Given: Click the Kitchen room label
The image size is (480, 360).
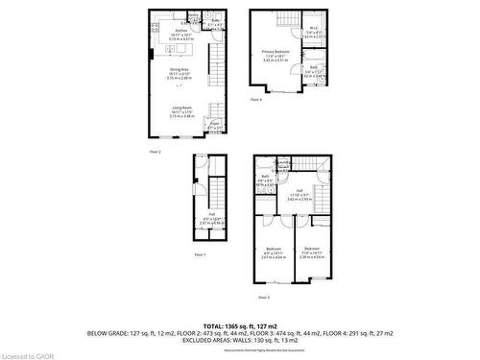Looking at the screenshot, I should pyautogui.click(x=181, y=31).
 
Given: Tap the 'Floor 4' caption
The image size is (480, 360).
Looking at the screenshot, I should pyautogui.click(x=256, y=98).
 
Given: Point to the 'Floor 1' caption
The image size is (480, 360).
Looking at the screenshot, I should pyautogui.click(x=200, y=253).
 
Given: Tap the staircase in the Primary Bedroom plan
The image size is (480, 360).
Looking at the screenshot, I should pyautogui.click(x=288, y=22).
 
